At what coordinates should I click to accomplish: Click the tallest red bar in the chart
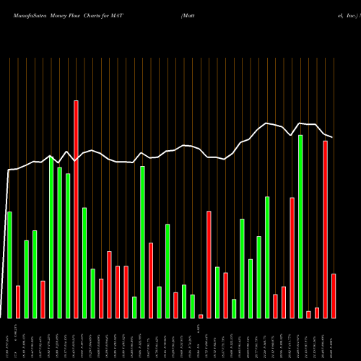(x=76, y=209)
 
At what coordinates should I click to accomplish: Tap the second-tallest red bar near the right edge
(x=326, y=229)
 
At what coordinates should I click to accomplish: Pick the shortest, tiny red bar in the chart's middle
(x=201, y=316)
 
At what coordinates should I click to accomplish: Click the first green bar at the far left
(x=9, y=264)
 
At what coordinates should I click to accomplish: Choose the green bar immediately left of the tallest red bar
(x=68, y=245)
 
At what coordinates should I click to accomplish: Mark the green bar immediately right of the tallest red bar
(x=84, y=263)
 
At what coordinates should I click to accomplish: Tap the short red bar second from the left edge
(x=18, y=302)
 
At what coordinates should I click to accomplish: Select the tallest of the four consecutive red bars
(x=109, y=284)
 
